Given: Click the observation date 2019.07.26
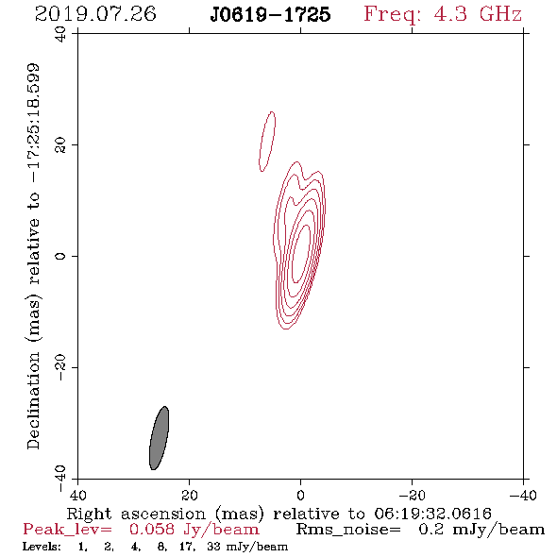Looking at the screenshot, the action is pos(95,14).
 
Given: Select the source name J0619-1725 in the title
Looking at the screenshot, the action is pos(270,14).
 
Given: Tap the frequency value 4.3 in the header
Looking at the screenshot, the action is pos(450,14).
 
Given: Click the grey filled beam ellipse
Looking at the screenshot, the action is pos(159,438).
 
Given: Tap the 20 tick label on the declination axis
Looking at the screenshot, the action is pos(60,145).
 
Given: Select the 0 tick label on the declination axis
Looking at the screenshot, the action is pos(60,256).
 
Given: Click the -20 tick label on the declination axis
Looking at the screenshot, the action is pos(60,367).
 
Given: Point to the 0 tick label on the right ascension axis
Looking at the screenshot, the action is pos(300,496).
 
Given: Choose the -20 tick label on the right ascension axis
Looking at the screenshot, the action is pos(412,496).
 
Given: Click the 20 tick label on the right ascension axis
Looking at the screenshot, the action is pos(189,496).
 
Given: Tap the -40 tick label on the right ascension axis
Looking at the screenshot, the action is pos(523,496).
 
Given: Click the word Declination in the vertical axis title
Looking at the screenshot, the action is pos(33,400).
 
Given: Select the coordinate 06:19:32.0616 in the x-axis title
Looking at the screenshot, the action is pos(432,514).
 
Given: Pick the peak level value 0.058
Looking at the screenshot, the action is pos(152,530).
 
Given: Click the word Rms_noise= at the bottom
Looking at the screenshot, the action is pos(348,530).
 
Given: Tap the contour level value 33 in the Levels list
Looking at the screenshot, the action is pos(213,546).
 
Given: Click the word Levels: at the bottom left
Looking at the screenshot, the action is pos(42,546).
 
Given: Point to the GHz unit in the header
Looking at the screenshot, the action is pos(500,14).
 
